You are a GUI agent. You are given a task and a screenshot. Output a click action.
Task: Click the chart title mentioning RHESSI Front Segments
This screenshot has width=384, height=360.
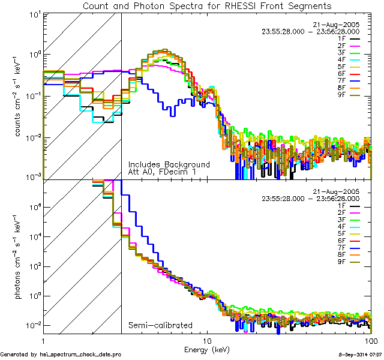point(207,5)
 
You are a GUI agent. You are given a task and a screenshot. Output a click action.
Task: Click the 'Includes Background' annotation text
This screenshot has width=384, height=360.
point(169,164)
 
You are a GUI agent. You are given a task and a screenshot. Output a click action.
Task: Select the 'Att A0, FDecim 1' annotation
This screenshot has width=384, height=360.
point(162,172)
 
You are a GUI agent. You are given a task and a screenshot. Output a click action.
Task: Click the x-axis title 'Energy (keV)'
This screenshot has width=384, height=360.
point(207,349)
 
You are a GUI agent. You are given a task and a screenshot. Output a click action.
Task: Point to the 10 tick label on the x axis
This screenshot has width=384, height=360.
point(206,340)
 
